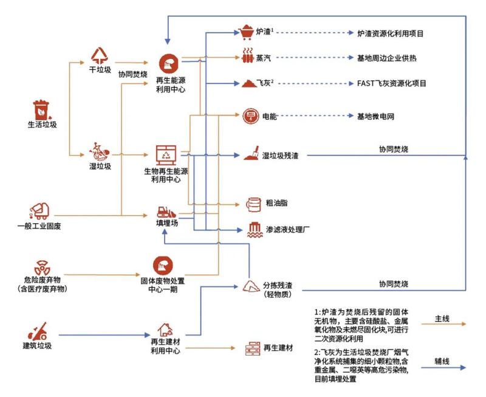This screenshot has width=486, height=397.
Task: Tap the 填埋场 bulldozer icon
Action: tap(166, 212)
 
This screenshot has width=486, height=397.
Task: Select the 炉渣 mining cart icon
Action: tap(247, 32)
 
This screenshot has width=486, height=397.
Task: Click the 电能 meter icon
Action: tap(251, 116)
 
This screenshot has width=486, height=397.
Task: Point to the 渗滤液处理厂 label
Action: tap(289, 230)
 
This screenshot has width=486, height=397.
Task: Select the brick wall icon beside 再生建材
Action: tap(252, 348)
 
